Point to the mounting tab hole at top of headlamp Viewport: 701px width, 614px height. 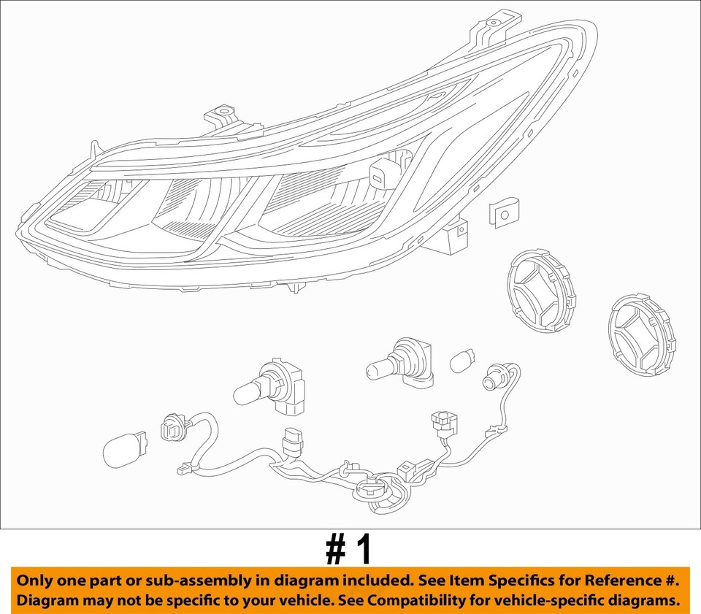[495, 23]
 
